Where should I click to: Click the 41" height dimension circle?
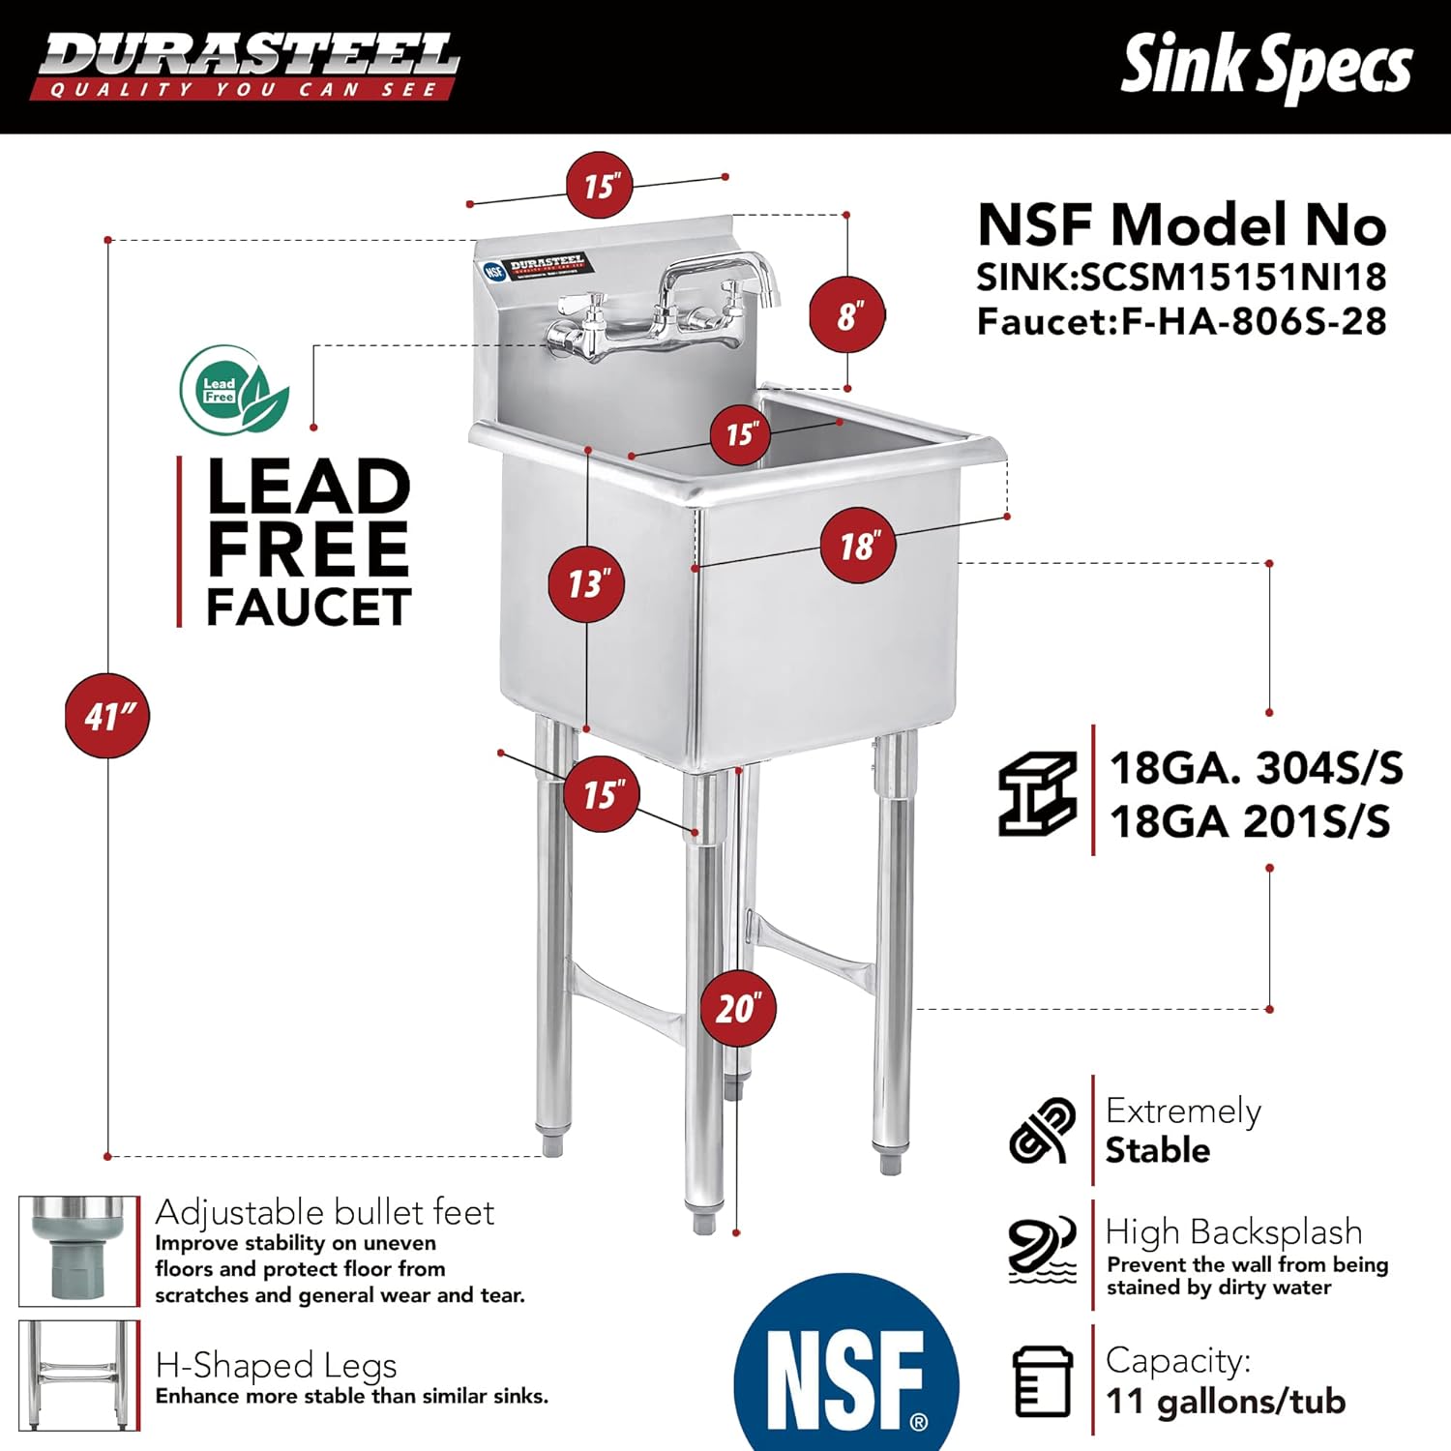click(x=107, y=716)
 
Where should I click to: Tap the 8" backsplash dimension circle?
click(x=847, y=315)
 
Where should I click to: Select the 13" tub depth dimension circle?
click(x=587, y=583)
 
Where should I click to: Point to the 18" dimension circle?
click(x=858, y=546)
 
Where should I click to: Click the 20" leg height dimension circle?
click(x=738, y=1008)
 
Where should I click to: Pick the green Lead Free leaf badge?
click(x=234, y=390)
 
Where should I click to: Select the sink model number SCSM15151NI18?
click(x=1233, y=278)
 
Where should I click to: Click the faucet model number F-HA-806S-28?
click(x=1254, y=321)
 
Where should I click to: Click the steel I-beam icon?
click(x=1038, y=793)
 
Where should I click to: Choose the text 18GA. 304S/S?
click(x=1256, y=768)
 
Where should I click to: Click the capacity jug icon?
click(x=1042, y=1380)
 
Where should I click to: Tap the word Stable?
click(x=1157, y=1150)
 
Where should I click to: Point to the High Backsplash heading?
click(x=1233, y=1231)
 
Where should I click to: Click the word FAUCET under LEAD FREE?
click(x=309, y=607)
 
